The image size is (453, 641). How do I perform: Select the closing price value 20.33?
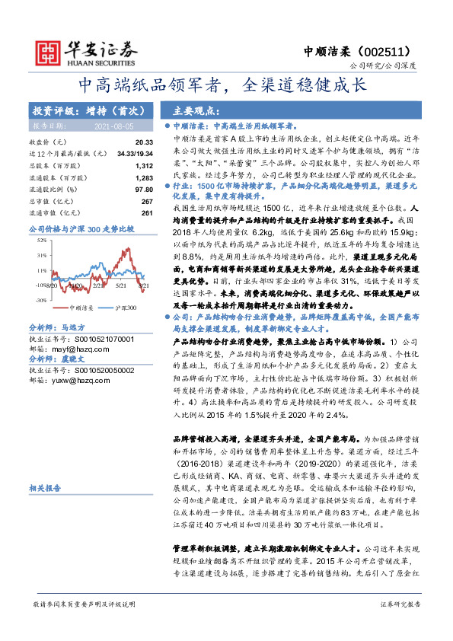pos(144,142)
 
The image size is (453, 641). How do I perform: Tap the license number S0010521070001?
pos(92,338)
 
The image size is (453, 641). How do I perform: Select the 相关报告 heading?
pos(46,487)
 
